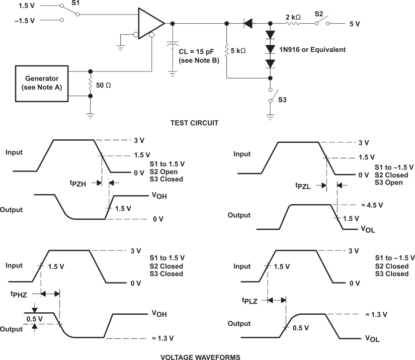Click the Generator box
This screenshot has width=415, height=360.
click(42, 82)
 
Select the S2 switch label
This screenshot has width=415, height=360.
click(319, 14)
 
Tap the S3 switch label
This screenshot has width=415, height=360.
click(284, 99)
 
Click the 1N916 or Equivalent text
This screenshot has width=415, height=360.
click(312, 50)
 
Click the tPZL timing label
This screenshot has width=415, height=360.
click(304, 186)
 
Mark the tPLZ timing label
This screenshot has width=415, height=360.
click(250, 300)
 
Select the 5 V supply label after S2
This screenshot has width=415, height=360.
click(354, 24)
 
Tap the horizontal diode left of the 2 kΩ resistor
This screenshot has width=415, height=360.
click(248, 23)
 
